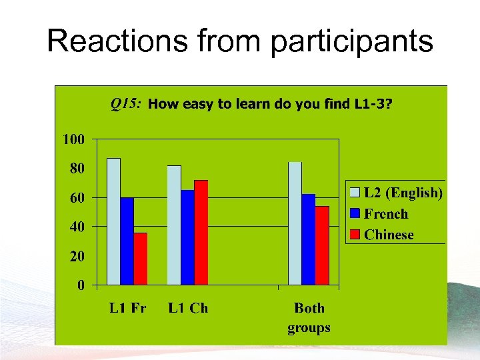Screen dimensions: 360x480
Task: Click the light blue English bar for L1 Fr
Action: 113,221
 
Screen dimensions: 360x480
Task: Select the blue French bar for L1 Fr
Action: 127,241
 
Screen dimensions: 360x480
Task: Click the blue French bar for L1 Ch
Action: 187,238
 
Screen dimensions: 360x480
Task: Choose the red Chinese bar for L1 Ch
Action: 201,233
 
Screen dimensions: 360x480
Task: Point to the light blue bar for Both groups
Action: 295,223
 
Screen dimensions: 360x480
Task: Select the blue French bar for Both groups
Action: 308,240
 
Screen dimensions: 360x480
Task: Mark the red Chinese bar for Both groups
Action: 322,246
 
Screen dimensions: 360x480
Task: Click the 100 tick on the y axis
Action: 73,139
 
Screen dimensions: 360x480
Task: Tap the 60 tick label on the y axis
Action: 77,198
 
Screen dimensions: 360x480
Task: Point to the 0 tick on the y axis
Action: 81,285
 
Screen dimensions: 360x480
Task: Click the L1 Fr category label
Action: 127,308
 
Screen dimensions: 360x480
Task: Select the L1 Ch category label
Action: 188,308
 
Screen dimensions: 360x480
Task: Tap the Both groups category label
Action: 309,317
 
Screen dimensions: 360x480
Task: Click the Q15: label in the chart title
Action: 125,103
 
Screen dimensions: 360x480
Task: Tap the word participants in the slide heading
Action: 352,41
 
